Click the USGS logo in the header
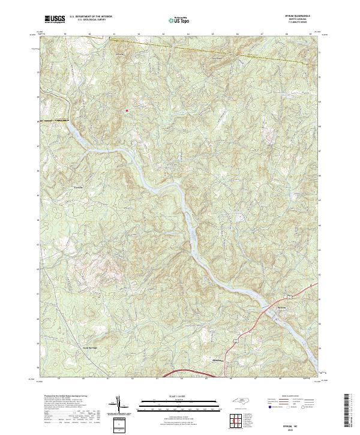coord(53,20)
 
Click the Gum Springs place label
coord(89,347)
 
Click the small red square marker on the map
coord(127,110)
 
